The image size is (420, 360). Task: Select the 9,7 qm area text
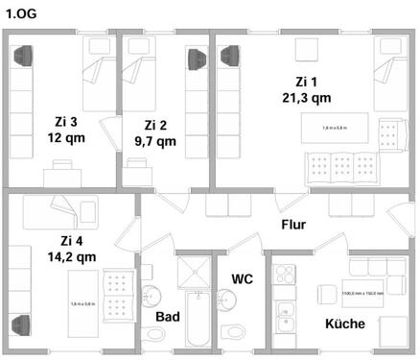[x=155, y=141]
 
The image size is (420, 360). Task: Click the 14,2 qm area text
[x=72, y=256]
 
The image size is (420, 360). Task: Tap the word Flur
[x=293, y=225]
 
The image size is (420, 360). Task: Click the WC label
[x=243, y=278]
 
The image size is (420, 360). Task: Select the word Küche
[x=344, y=324]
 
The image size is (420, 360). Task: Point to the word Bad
[x=168, y=316]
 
